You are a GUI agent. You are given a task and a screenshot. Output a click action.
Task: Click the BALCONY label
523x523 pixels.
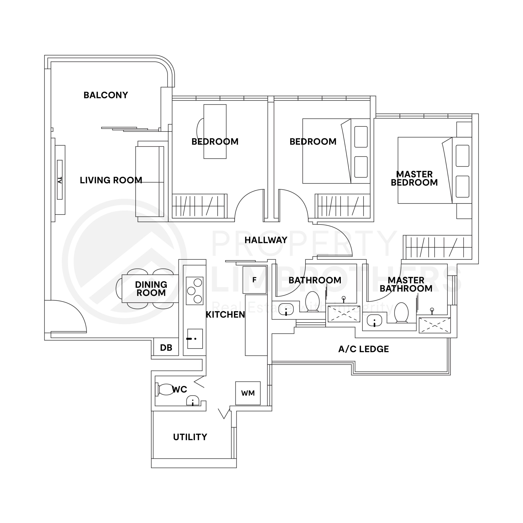click(x=106, y=95)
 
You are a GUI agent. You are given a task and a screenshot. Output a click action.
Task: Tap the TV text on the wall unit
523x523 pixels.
click(x=60, y=180)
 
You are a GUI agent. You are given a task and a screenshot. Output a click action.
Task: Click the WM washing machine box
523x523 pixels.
click(x=248, y=393)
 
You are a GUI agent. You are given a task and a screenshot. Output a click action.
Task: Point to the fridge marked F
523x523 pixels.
click(x=254, y=280)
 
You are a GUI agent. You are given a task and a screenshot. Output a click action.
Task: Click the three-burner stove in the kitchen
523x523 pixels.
click(x=194, y=291)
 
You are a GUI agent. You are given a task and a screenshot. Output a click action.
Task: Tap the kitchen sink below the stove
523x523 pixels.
click(x=195, y=339)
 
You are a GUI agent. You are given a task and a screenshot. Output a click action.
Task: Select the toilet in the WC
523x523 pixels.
click(x=166, y=389)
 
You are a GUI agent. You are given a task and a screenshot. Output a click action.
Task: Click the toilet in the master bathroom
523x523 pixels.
click(x=401, y=313)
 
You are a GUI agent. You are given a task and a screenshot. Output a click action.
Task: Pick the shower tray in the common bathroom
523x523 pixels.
click(x=344, y=314)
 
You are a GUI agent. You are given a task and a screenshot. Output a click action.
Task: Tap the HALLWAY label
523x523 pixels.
click(x=266, y=240)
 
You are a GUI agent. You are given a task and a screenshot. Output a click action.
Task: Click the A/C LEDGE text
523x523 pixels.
click(x=364, y=349)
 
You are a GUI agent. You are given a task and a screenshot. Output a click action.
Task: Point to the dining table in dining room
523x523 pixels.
click(x=150, y=289)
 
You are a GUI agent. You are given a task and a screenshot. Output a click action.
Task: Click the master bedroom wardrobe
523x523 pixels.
click(x=437, y=247)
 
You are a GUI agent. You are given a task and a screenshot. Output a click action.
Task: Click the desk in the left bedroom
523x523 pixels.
click(x=215, y=131)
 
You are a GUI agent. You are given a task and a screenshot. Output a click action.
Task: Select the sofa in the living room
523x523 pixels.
click(x=150, y=181)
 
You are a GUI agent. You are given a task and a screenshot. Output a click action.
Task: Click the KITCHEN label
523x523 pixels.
click(x=225, y=315)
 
